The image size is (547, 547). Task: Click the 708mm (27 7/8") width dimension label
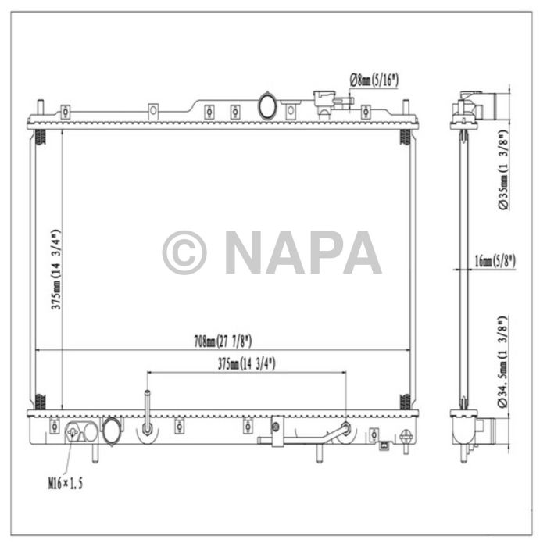223,341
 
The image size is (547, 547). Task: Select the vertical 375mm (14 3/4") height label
55,270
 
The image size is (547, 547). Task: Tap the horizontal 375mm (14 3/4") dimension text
245,363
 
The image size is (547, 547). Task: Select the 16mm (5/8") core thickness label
494,261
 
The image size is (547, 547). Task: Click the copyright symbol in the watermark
184,252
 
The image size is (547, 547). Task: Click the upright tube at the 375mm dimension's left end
146,410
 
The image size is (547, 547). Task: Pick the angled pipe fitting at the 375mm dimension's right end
343,431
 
